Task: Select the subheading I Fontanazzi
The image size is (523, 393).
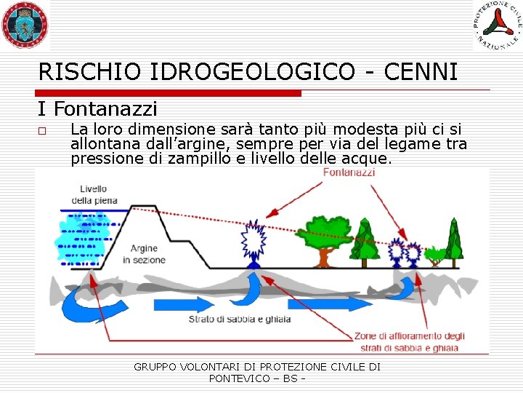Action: [x=97, y=109]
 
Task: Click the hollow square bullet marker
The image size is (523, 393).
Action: [x=43, y=132]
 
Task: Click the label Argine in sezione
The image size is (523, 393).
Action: [x=143, y=255]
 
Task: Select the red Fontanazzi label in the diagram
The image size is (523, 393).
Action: [x=349, y=173]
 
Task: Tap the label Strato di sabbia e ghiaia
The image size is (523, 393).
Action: [x=240, y=319]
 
